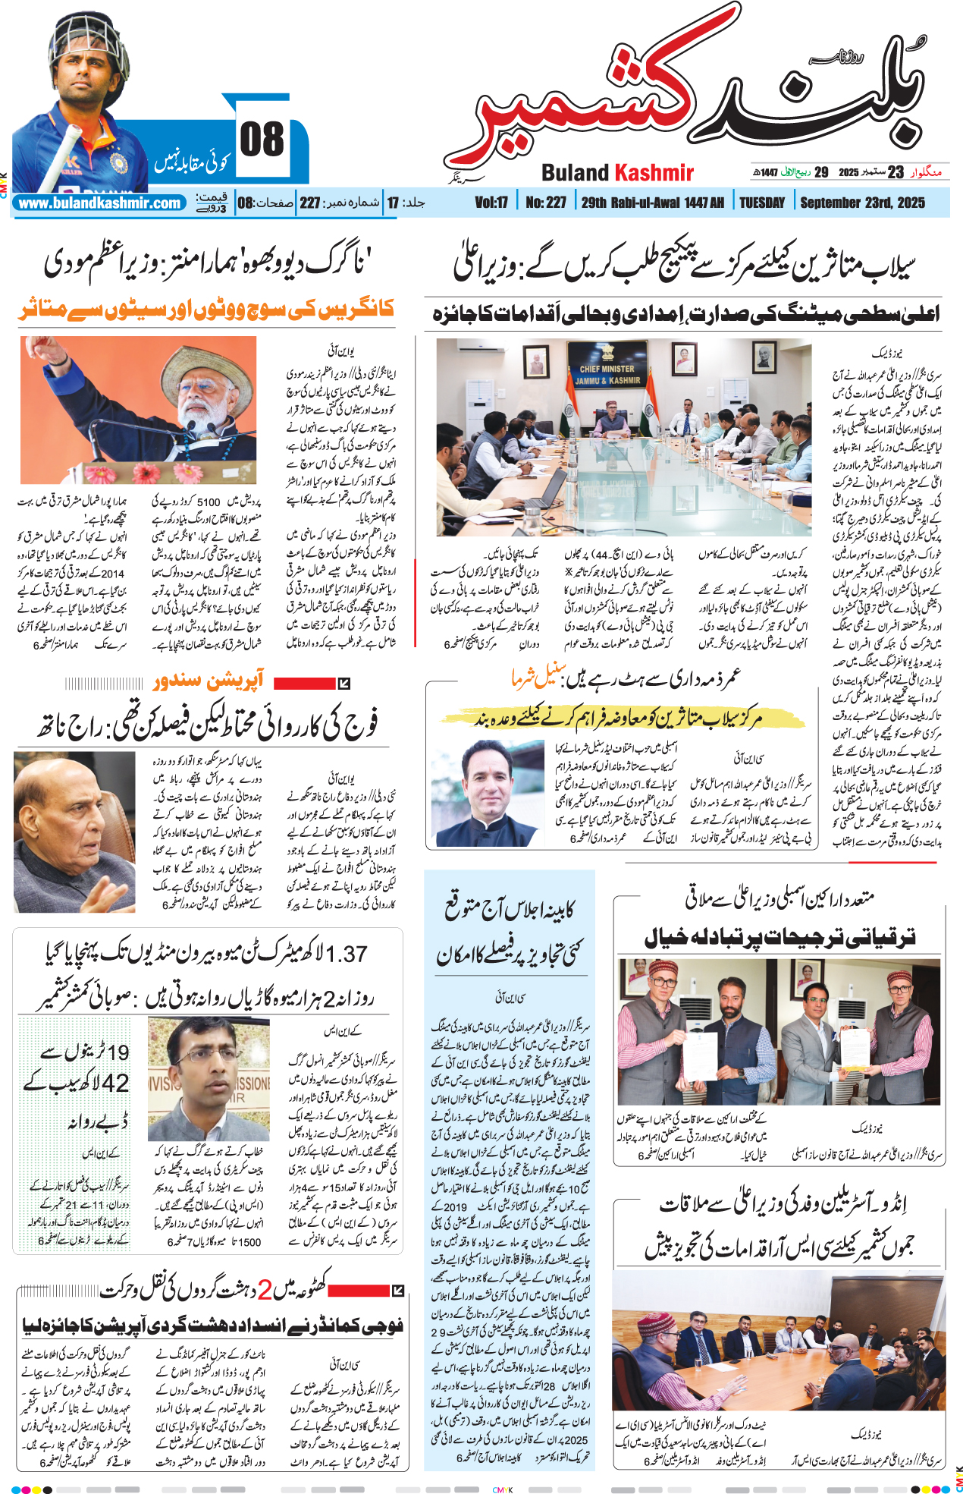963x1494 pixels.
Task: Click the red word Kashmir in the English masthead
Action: pos(654,173)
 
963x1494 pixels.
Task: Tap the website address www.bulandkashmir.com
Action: pos(99,203)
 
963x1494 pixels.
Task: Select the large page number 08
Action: pos(262,140)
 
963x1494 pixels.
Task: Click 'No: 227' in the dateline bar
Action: pos(546,203)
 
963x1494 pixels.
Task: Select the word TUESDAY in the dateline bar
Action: pos(761,203)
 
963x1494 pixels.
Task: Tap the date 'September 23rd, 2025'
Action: pos(862,203)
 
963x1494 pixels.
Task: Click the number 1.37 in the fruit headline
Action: pos(346,953)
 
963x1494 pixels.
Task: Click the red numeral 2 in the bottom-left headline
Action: pos(265,1288)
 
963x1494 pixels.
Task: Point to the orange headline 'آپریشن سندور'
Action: pos(208,681)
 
